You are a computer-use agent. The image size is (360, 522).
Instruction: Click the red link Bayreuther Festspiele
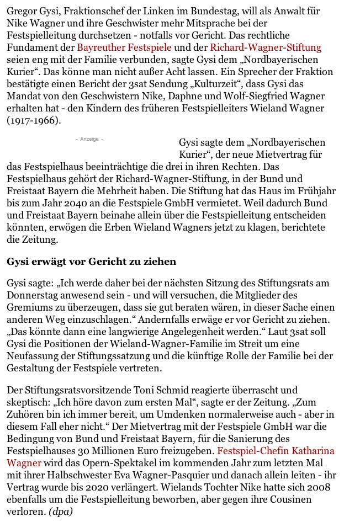point(124,47)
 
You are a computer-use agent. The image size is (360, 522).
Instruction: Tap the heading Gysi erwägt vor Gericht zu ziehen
point(91,261)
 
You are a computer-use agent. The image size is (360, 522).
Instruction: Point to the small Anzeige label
point(89,139)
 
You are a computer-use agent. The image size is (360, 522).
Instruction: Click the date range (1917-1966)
point(35,120)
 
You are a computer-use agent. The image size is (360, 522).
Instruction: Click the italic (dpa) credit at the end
point(61,512)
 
